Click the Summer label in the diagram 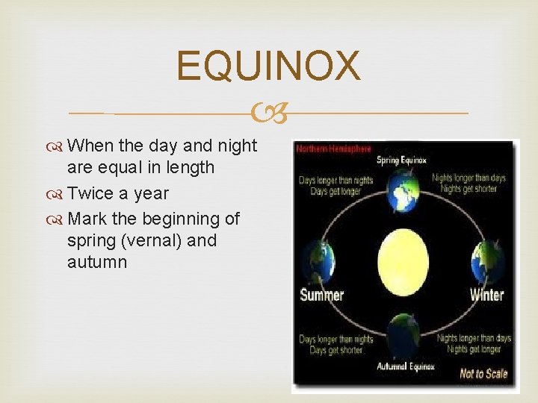point(321,294)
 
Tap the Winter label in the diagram point(486,295)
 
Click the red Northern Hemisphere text point(333,149)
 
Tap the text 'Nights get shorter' point(469,190)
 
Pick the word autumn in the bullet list point(97,262)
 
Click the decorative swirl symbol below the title point(269,113)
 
